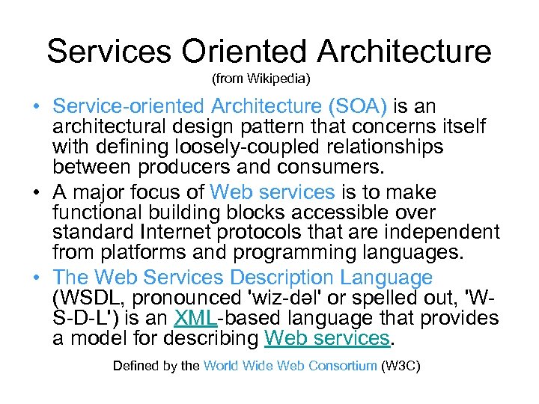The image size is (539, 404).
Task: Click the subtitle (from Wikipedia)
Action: pyautogui.click(x=261, y=78)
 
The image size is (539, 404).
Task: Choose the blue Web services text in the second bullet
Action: pyautogui.click(x=272, y=193)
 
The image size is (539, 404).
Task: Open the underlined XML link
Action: pyautogui.click(x=195, y=318)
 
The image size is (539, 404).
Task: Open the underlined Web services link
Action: pyautogui.click(x=328, y=337)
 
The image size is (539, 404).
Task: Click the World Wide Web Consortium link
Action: pyautogui.click(x=290, y=366)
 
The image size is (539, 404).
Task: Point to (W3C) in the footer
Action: pyautogui.click(x=401, y=366)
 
